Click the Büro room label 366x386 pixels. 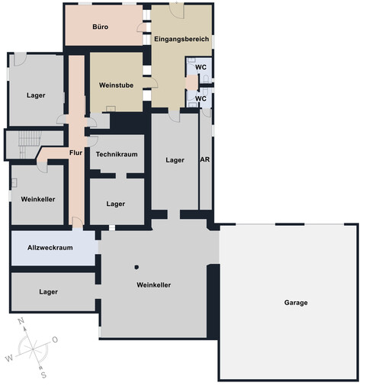click(101, 27)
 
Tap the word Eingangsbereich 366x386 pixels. click(181, 39)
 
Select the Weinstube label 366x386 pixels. click(116, 85)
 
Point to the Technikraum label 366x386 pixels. click(117, 154)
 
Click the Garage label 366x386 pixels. click(296, 303)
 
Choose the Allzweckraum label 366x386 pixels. click(50, 248)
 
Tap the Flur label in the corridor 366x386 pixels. click(75, 153)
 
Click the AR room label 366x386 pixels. click(205, 159)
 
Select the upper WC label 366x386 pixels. click(201, 67)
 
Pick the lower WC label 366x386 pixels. click(201, 98)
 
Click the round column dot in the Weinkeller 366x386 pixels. click(136, 267)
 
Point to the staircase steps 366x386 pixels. click(30, 144)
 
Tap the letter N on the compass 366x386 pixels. click(21, 321)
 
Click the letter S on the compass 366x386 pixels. click(43, 375)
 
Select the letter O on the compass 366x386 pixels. click(55, 339)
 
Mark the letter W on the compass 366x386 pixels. click(9, 359)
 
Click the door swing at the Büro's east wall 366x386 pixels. click(141, 27)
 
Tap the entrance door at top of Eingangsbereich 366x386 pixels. click(177, 11)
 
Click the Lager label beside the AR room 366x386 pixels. click(175, 160)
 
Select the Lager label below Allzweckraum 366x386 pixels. click(48, 291)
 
